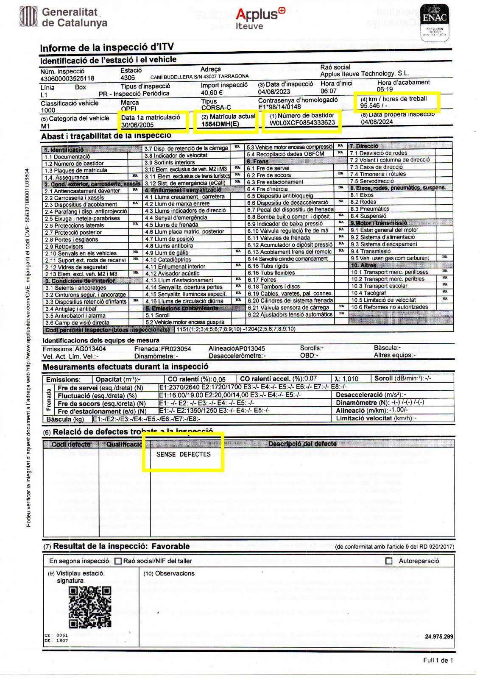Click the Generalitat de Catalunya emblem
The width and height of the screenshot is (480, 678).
[x=29, y=17]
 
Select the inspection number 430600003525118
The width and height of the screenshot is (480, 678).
[x=67, y=78]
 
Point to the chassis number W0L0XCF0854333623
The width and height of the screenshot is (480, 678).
[x=302, y=123]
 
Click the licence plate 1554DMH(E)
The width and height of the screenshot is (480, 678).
[x=220, y=124]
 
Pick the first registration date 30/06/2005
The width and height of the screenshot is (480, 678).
[x=138, y=125]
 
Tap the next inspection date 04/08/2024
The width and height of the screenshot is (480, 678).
[x=377, y=122]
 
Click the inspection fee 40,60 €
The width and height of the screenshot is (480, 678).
[x=212, y=93]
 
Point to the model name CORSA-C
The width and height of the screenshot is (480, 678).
[x=216, y=108]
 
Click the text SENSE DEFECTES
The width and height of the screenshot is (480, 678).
[x=184, y=454]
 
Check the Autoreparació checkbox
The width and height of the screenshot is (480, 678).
[x=389, y=561]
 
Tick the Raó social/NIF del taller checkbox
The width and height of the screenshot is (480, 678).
[x=118, y=561]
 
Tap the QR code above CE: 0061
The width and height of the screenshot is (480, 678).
[x=90, y=607]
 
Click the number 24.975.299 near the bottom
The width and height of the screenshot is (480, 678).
[x=439, y=636]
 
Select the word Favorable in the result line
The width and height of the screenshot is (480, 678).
[x=170, y=546]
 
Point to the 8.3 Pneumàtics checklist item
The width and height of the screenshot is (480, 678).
[x=363, y=209]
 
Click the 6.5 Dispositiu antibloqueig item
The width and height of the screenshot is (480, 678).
[x=280, y=196]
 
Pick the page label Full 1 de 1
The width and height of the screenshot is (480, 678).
[x=438, y=660]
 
